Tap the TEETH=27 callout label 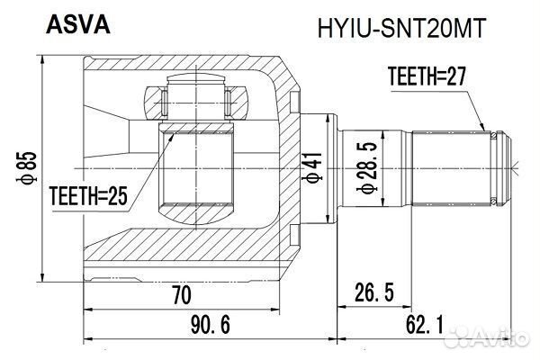427,77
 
